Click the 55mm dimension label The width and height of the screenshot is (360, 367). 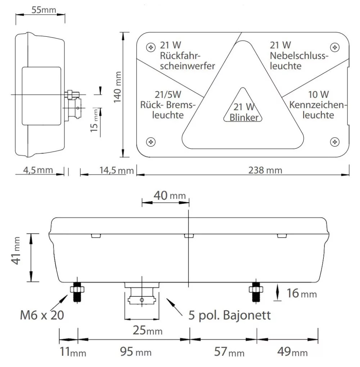point(44,10)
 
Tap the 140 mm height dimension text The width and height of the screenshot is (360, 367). point(117,87)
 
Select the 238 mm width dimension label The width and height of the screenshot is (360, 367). point(265,170)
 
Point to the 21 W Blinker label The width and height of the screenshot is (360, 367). point(244,112)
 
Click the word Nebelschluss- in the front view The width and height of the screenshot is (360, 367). point(299,56)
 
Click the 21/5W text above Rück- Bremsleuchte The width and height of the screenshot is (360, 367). point(168,95)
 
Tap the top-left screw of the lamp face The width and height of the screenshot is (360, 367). point(151,47)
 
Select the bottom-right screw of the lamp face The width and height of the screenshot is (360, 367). point(335,142)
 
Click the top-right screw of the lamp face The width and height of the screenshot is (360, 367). point(335,47)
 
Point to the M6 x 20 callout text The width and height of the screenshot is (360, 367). point(42,315)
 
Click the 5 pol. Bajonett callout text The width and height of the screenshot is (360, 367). point(229,315)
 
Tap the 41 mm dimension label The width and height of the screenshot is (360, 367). point(16,251)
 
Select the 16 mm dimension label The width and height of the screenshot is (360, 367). point(302,293)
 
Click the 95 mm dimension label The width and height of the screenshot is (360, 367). point(136,352)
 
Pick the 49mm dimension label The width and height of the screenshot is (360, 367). point(292,352)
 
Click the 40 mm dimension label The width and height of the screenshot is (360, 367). point(170,196)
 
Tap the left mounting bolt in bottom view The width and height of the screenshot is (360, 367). point(77,291)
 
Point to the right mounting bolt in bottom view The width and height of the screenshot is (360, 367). point(256,291)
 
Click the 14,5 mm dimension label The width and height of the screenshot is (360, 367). point(117,170)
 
